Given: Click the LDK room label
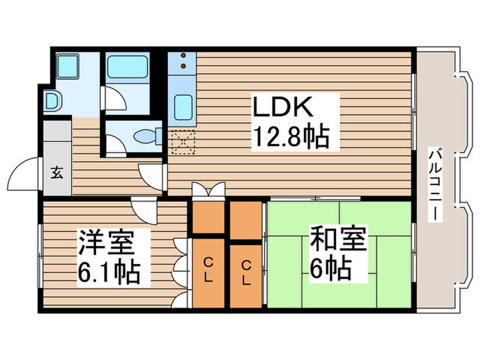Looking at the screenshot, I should coord(284,108).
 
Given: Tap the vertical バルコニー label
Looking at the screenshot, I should coord(435,184).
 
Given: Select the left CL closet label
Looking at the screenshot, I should coord(208,271).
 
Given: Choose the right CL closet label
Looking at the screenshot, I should coord(245,271).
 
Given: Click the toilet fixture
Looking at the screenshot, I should coord(147,135).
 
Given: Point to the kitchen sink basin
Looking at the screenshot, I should coord(183,107).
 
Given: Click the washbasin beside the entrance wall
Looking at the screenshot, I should coord(52,101).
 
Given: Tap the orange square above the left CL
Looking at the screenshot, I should coord(208,218).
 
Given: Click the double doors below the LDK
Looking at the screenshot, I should coord(207,190).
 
